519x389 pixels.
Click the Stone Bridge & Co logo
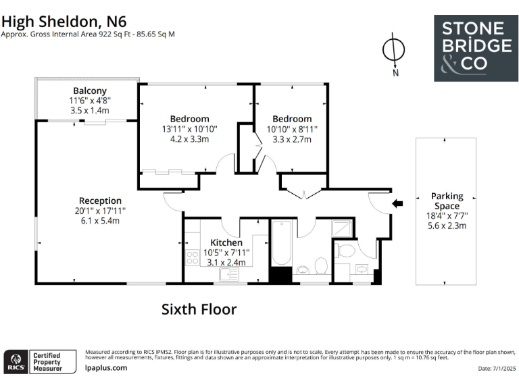click(476, 48)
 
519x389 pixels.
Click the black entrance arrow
click(398, 203)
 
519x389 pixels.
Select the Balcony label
click(90, 91)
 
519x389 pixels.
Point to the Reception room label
click(100, 201)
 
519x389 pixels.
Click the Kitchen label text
click(226, 242)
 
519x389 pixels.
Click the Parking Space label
click(447, 201)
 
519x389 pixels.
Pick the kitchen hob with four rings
click(192, 257)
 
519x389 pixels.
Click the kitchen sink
click(233, 273)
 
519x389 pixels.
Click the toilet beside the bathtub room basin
click(320, 265)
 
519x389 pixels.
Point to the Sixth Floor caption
click(199, 309)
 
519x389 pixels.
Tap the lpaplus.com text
click(106, 368)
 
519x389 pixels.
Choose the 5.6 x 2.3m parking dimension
click(447, 226)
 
